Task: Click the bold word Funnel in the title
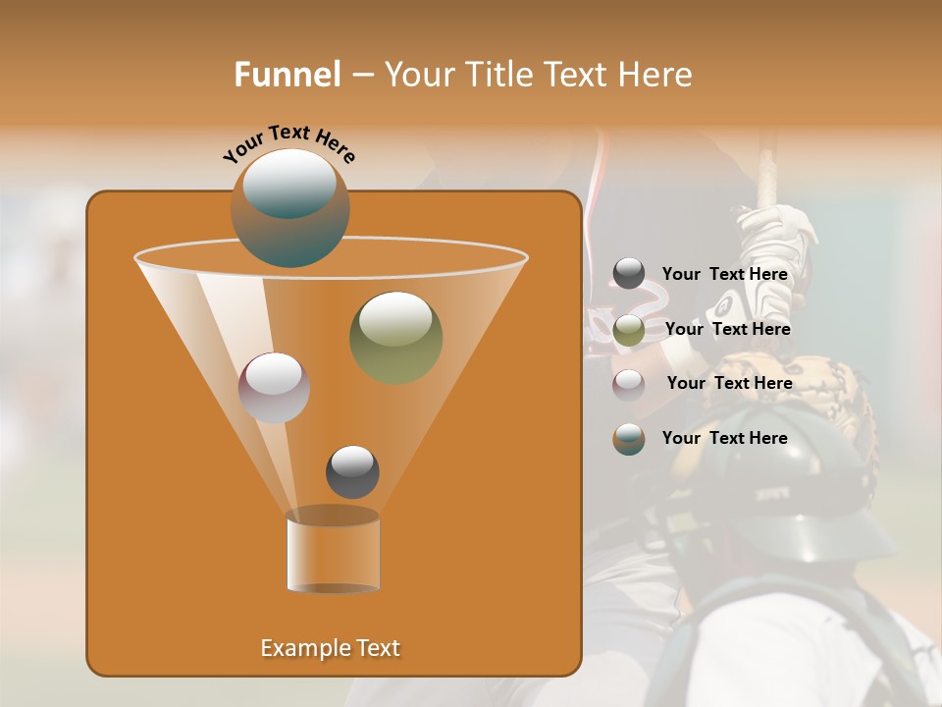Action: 288,75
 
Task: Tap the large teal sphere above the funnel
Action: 289,208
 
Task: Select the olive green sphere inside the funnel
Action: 395,337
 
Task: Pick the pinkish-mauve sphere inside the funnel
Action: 274,388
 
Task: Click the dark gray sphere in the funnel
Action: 352,472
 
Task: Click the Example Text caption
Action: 330,648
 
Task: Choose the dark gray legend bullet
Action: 629,274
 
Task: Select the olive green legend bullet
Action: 629,330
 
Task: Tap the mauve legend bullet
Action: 629,385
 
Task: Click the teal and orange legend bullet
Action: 629,439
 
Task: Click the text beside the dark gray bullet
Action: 724,275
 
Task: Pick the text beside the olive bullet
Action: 727,330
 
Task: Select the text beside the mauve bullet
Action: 729,384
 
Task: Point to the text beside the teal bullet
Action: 724,438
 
